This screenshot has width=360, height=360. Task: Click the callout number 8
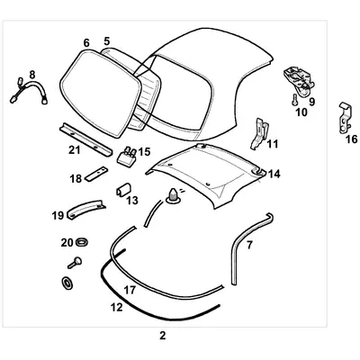[x=32, y=75]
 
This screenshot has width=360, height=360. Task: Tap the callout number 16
[x=351, y=139]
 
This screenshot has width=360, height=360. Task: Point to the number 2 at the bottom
[x=162, y=336]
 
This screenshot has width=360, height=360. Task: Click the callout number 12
[x=115, y=307]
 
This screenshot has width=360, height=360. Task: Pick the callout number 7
[x=250, y=244]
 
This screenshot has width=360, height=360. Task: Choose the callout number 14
[x=274, y=173]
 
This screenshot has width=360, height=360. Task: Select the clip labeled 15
[x=128, y=153]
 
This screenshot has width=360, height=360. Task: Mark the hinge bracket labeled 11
[x=257, y=130]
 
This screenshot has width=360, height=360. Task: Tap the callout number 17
[x=130, y=290]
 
